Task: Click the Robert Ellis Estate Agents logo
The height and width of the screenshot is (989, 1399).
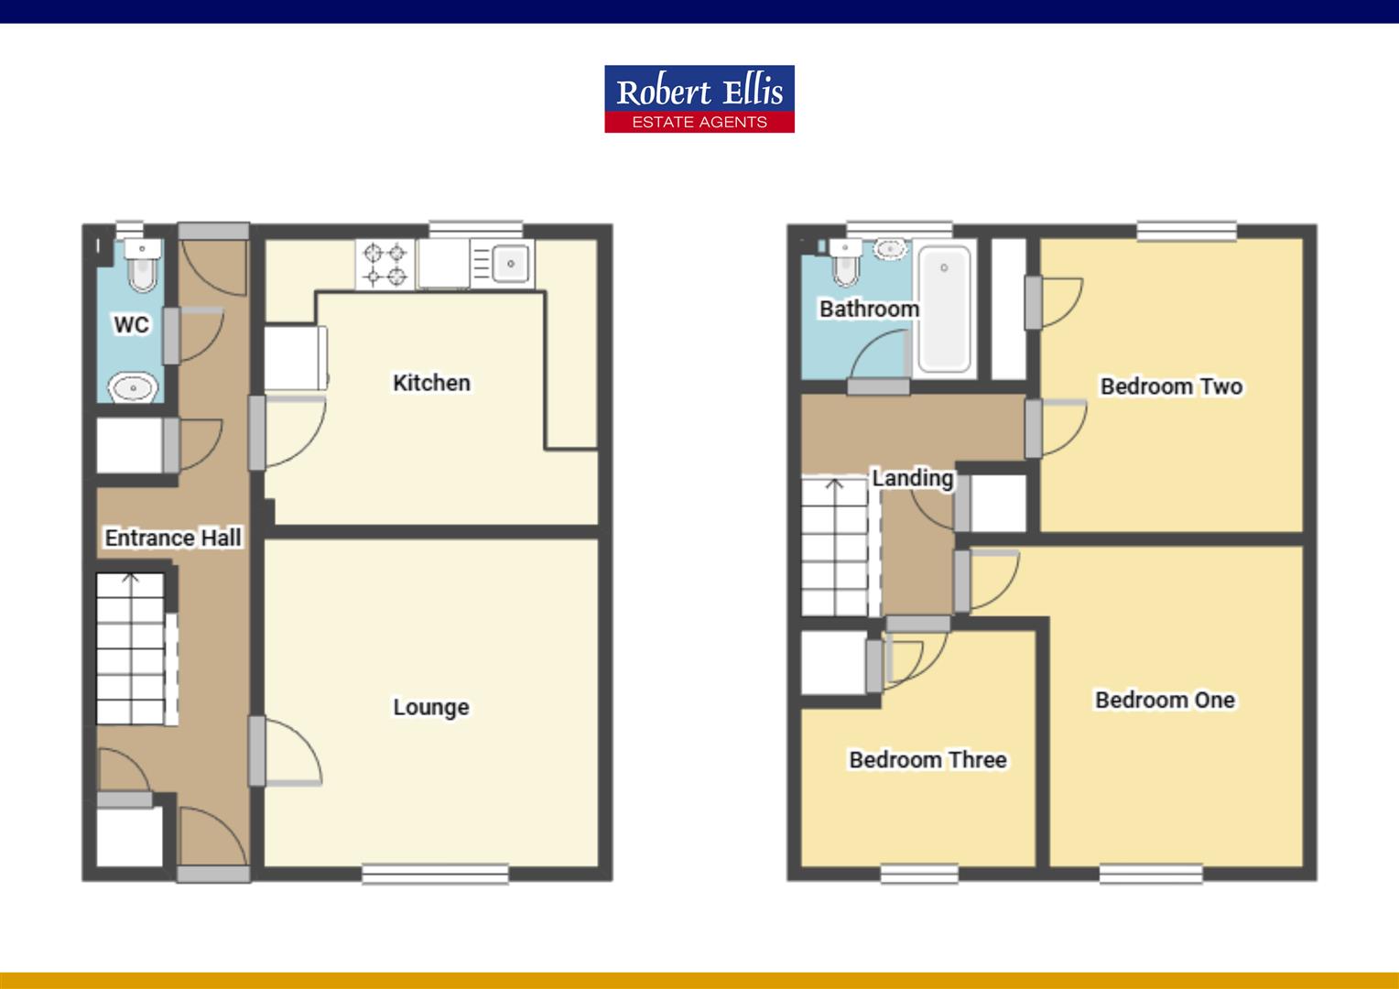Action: (699, 99)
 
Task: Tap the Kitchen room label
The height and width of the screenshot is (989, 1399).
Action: (431, 383)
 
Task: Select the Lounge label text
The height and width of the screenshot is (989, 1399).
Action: (430, 707)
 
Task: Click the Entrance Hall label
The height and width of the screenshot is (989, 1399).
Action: (173, 538)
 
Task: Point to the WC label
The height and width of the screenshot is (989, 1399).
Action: (131, 324)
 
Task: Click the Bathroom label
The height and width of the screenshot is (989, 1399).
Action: (869, 309)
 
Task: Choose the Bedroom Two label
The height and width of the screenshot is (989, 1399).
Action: (1171, 386)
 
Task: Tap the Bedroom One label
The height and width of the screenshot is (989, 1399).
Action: (1165, 700)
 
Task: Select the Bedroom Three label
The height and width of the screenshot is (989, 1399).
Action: (927, 759)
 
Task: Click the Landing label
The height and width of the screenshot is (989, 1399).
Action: (912, 478)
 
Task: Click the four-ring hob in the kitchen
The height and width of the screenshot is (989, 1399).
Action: (385, 264)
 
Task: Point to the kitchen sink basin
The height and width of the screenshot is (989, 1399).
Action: (510, 264)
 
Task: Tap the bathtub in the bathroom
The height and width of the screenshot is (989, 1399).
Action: (945, 310)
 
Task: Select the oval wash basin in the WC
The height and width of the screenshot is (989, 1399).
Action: (134, 388)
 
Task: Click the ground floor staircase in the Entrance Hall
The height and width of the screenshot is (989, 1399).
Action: (131, 648)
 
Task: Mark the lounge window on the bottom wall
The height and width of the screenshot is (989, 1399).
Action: (435, 874)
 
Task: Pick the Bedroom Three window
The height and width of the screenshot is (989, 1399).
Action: (919, 874)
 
